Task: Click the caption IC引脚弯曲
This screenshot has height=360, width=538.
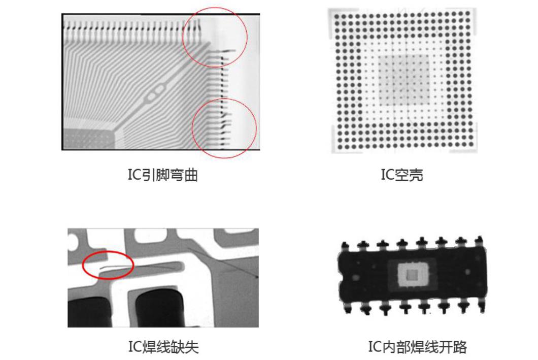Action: click(x=162, y=175)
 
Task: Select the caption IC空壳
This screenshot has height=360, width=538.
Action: click(x=402, y=175)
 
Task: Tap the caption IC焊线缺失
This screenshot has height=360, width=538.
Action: click(x=163, y=347)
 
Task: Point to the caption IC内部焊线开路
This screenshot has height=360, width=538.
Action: click(x=417, y=347)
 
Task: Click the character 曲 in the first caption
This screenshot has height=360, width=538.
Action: click(x=191, y=175)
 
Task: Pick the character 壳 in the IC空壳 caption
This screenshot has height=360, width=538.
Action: click(x=416, y=175)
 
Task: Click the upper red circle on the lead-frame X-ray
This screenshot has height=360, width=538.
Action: click(x=215, y=37)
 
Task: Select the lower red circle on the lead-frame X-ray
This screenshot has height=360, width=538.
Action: click(x=224, y=128)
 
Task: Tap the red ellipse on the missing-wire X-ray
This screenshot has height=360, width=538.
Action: click(x=108, y=265)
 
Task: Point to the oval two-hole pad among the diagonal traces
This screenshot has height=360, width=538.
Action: click(x=155, y=93)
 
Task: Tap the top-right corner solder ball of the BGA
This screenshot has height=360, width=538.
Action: click(x=467, y=13)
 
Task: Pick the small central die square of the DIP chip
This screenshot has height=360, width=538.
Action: click(x=413, y=275)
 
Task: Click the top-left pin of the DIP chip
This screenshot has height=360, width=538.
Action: click(x=345, y=245)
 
